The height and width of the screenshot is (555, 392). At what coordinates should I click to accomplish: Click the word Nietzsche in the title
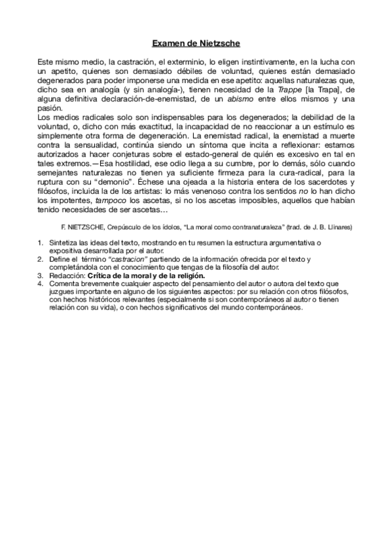219,44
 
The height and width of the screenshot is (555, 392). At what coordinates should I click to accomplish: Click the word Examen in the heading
168,44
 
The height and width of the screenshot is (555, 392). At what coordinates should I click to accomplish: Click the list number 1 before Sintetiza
40,243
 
